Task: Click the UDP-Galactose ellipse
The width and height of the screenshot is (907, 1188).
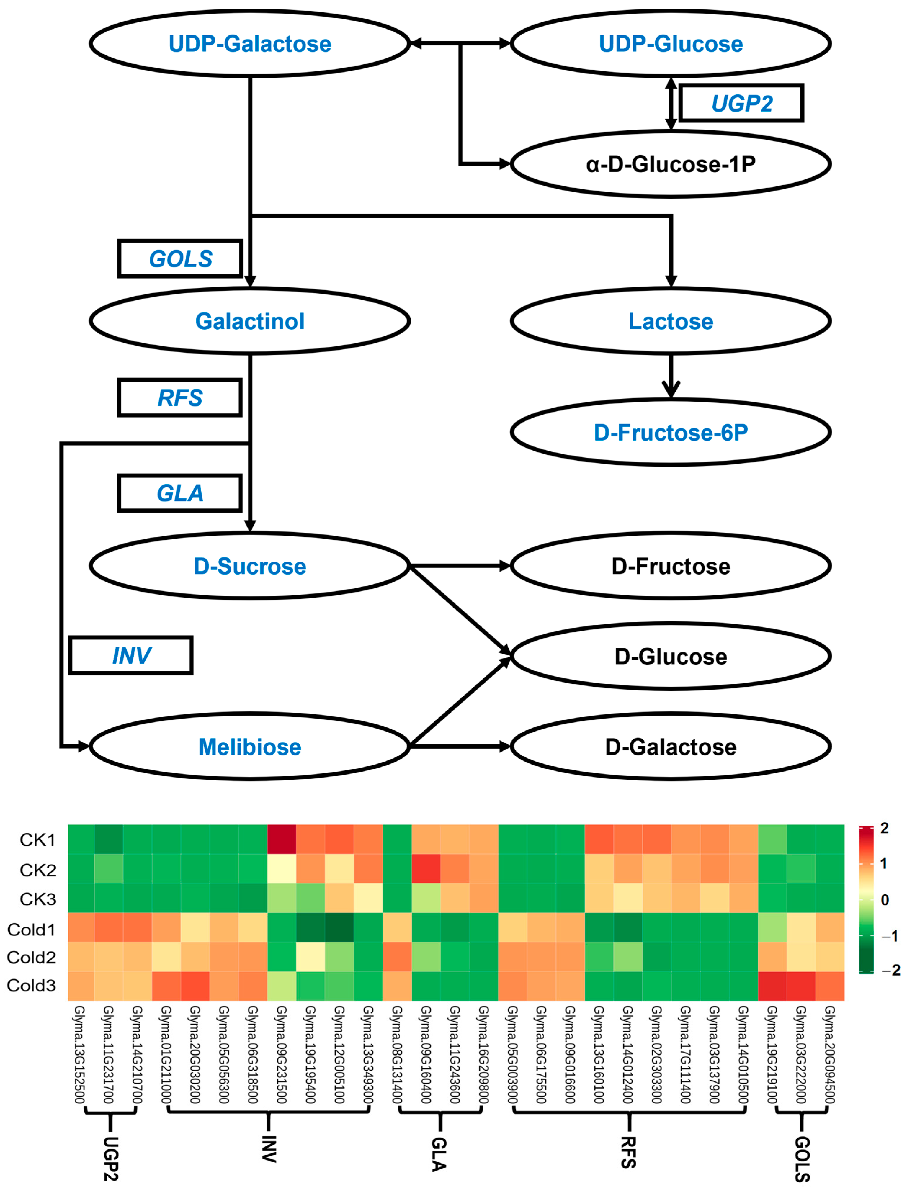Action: point(249,43)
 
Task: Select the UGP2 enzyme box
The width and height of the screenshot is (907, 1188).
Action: point(741,103)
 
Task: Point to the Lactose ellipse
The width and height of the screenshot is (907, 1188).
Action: point(671,321)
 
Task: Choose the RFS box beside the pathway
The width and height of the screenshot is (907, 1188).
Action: point(180,398)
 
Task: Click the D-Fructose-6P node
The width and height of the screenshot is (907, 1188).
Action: point(671,432)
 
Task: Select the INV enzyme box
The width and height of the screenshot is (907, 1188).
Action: point(131,655)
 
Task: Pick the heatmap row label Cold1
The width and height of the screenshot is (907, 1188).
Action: point(31,930)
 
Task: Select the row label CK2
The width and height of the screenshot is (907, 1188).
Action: point(38,870)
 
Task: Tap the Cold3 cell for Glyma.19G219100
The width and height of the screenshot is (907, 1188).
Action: point(772,986)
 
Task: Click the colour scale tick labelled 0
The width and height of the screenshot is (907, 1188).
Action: point(884,900)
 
